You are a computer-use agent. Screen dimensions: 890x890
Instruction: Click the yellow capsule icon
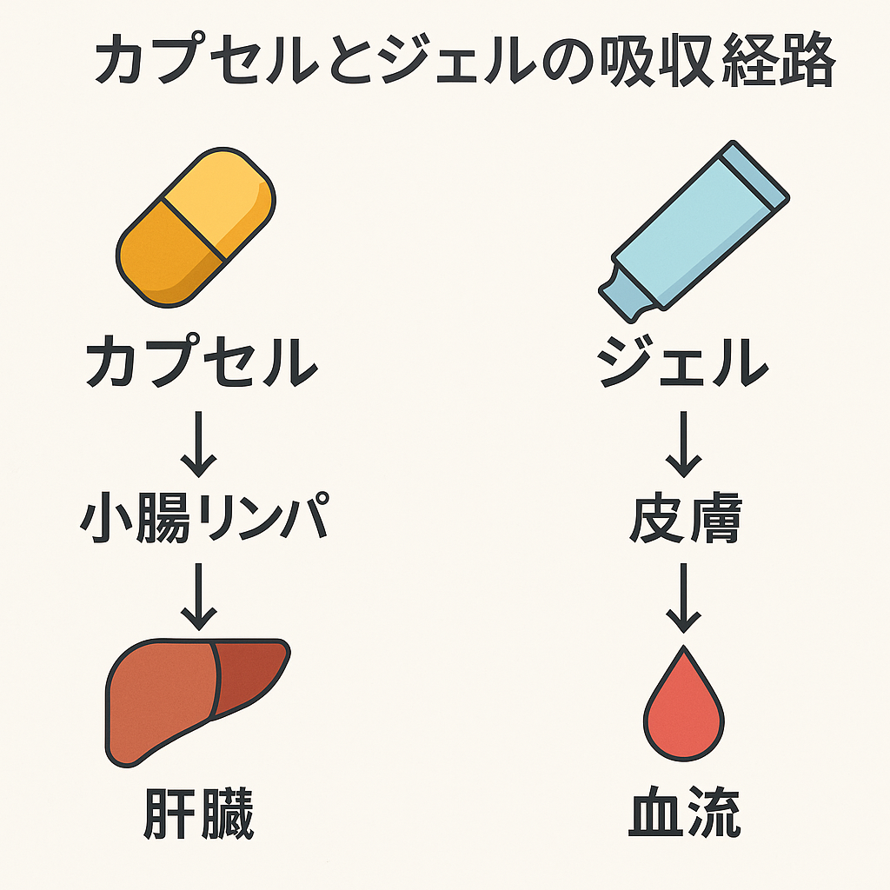click(196, 227)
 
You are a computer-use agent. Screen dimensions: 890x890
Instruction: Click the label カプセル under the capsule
click(201, 363)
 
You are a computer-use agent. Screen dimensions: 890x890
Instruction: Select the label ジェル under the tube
click(683, 363)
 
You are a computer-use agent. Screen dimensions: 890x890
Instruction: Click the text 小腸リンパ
click(204, 518)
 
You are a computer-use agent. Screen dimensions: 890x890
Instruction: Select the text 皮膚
click(684, 518)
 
